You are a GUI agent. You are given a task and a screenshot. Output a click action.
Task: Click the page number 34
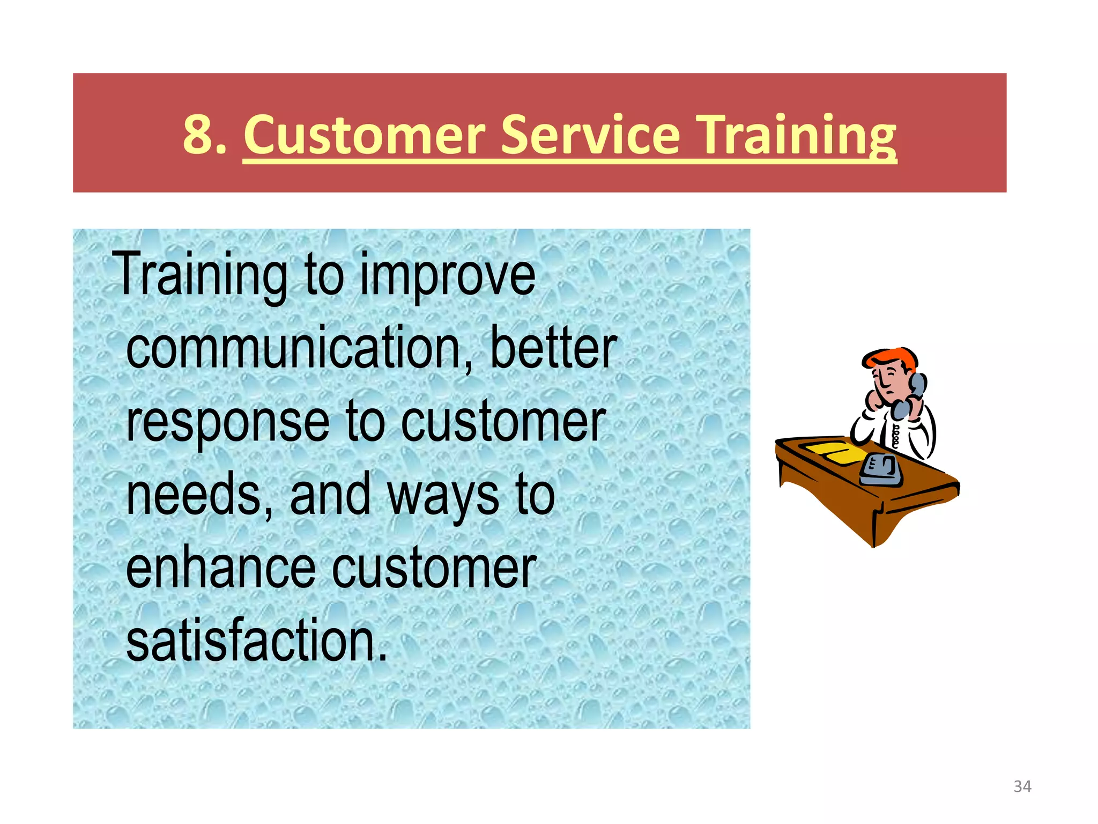1022,786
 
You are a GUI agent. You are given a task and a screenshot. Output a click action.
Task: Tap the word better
553,349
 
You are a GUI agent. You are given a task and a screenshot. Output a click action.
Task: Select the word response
227,423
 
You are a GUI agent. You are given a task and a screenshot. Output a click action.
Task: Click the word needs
199,495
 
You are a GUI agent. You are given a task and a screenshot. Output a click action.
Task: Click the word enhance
220,569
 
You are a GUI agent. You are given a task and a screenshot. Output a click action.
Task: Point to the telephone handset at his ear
914,394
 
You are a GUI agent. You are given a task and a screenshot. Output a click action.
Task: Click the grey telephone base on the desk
881,470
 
